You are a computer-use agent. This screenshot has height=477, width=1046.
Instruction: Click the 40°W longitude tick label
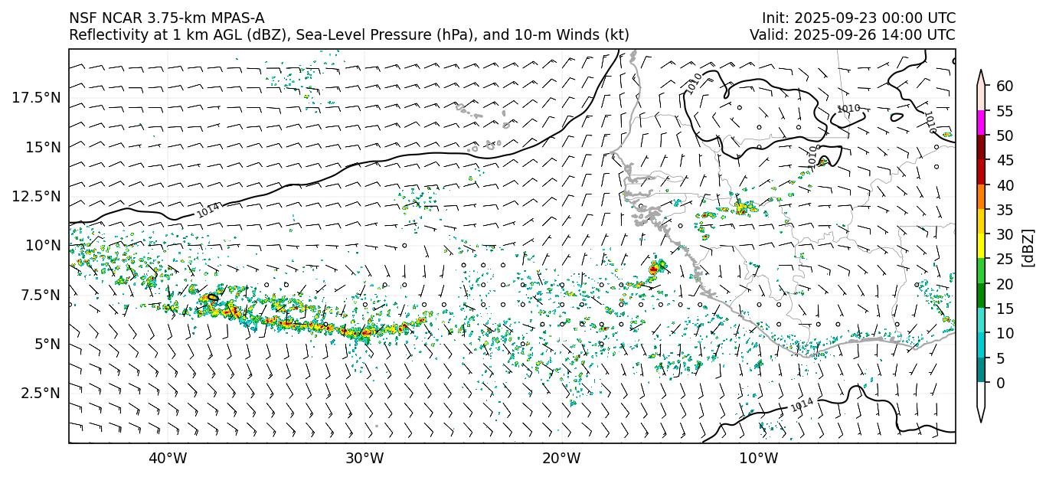(x=168, y=459)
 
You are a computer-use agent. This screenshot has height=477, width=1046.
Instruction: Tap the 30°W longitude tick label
(x=364, y=459)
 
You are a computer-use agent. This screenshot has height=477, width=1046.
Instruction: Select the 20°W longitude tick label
(x=562, y=459)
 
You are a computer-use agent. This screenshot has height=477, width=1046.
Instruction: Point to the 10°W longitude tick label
(x=759, y=459)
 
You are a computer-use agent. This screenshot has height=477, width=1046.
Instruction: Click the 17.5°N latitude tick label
(x=36, y=97)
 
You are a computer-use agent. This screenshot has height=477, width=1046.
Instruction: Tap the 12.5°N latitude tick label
(x=36, y=196)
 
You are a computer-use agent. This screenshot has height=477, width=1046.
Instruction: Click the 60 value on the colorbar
(x=1005, y=86)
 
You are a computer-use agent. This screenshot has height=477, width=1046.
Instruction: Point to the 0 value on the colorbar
(x=1000, y=383)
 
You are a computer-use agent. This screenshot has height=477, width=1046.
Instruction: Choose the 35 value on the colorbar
(x=1005, y=210)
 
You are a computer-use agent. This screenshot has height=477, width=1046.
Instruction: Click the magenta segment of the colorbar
(x=981, y=123)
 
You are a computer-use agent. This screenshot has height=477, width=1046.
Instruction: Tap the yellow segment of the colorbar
(x=981, y=247)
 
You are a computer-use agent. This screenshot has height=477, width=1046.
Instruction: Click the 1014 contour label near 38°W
(x=208, y=210)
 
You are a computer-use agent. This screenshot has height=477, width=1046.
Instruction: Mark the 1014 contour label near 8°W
(x=802, y=403)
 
